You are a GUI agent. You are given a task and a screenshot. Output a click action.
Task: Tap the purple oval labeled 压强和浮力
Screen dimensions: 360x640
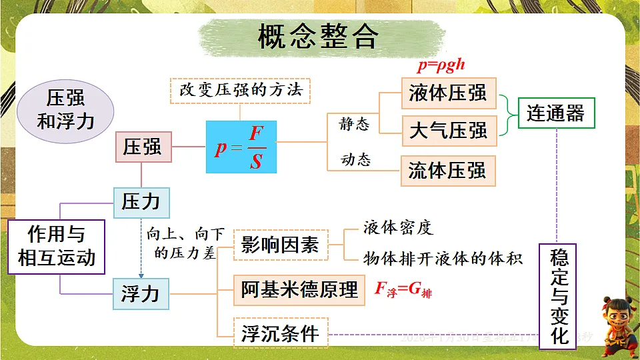tap(65, 111)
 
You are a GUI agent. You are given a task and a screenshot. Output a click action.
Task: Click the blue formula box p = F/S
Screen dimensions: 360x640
tap(241, 147)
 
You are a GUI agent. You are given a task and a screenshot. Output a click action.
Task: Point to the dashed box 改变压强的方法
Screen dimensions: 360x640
tap(241, 89)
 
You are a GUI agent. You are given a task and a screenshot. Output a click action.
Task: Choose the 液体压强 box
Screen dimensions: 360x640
tap(448, 93)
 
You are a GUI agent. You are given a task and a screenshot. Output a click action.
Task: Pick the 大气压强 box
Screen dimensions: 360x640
tap(448, 130)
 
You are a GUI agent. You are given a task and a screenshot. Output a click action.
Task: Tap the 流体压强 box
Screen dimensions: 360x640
tap(448, 171)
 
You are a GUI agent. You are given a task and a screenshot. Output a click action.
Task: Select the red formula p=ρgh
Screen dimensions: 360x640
tap(441, 65)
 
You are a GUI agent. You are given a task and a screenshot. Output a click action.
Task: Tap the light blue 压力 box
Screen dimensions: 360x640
tap(141, 201)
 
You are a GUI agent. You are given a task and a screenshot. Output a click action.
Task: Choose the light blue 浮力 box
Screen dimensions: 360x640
tap(141, 293)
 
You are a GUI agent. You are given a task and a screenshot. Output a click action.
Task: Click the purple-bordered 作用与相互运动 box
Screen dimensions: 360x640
tap(57, 247)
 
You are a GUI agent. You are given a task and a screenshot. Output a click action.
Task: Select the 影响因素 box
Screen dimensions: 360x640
tap(281, 245)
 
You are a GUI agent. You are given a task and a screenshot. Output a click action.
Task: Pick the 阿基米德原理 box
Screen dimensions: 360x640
tap(299, 289)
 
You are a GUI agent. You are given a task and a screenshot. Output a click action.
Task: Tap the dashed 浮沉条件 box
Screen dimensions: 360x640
tap(281, 333)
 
